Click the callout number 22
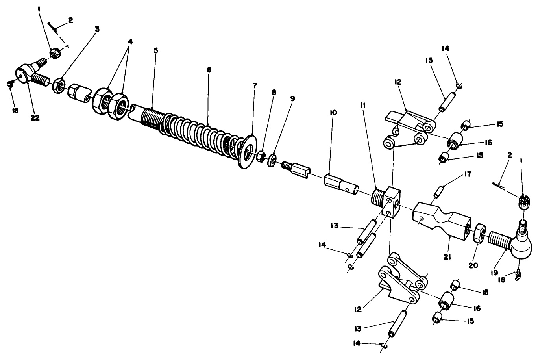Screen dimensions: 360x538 coord(35,118)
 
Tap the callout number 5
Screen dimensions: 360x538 coord(156,50)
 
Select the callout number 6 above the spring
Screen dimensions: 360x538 coord(209,70)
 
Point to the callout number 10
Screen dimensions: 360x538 coord(333,113)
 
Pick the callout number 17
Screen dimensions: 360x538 coord(468,174)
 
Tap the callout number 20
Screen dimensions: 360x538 coord(473,265)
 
